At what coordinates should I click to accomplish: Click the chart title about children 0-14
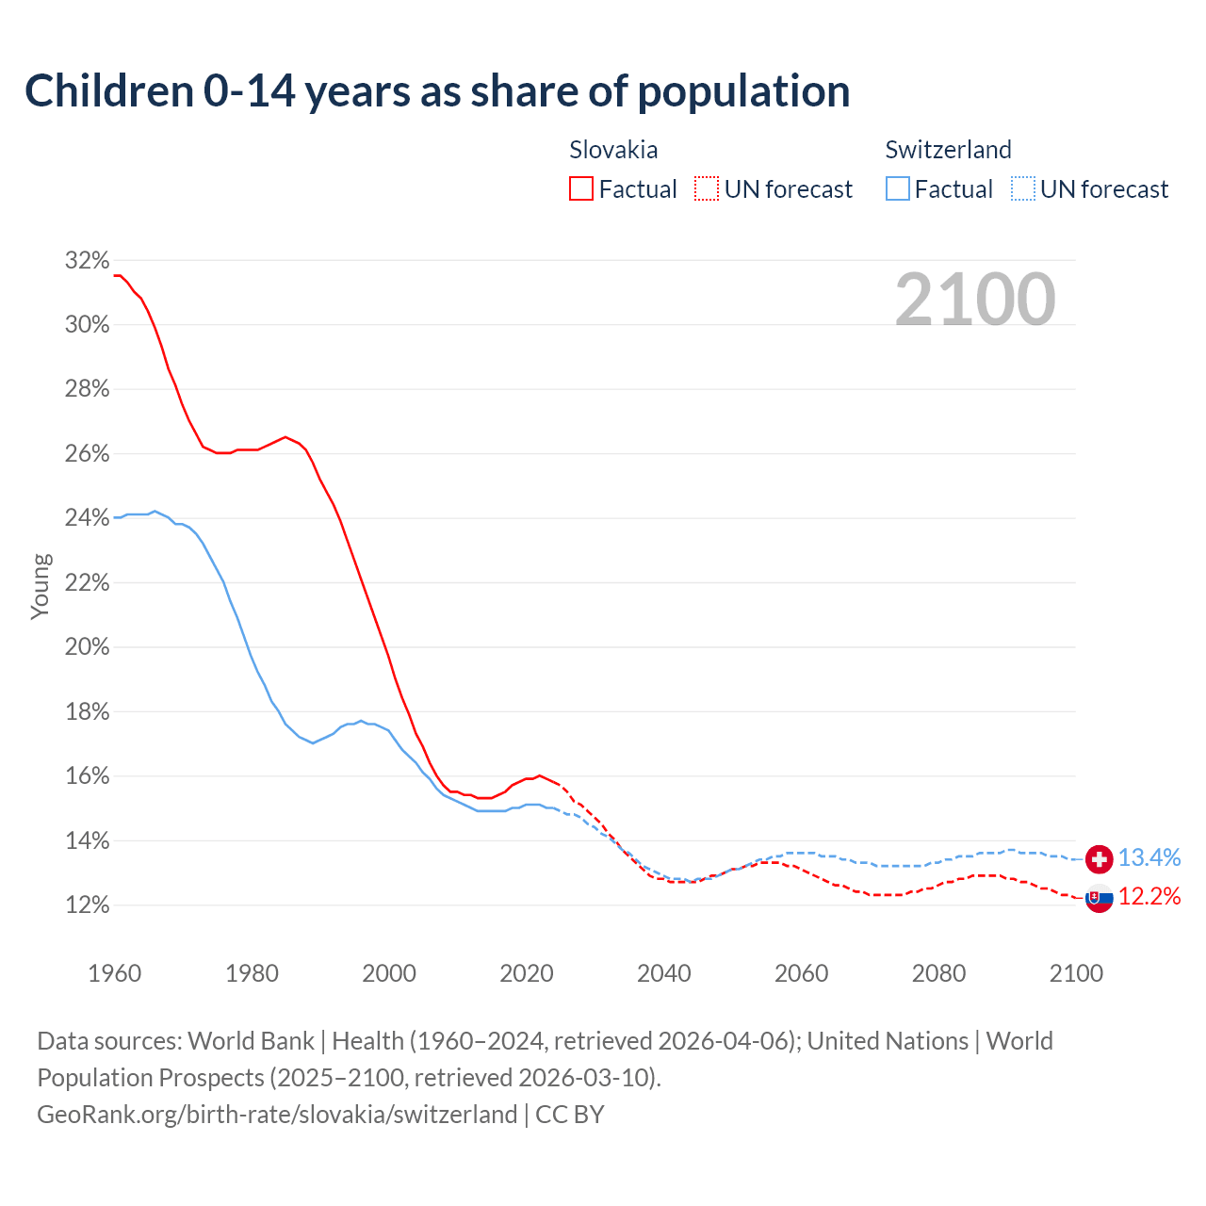pos(437,91)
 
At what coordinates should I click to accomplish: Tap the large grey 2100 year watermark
pos(974,300)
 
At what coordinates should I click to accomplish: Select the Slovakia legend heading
pos(613,150)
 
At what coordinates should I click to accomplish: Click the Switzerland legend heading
pos(948,150)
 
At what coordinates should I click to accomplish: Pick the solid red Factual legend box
pos(581,189)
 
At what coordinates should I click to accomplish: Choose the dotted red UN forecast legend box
pos(707,189)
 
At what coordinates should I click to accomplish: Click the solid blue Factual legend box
pos(898,189)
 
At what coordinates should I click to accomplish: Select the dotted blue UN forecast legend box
pos(1022,189)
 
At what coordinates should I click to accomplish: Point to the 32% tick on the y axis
pos(87,261)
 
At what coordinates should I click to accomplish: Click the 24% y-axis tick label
pos(87,518)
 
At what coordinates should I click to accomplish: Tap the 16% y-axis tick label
pos(87,776)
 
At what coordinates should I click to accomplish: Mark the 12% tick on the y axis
pos(87,905)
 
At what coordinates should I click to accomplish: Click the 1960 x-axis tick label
pos(114,973)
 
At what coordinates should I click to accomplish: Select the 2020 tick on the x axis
pos(526,973)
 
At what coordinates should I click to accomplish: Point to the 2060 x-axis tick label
pos(801,973)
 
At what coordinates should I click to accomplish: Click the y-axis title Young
pos(41,586)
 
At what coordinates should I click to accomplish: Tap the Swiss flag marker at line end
pos(1099,858)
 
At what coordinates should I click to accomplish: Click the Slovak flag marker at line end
pos(1099,899)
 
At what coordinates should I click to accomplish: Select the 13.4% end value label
pos(1149,858)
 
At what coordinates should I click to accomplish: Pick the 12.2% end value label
pos(1149,896)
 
